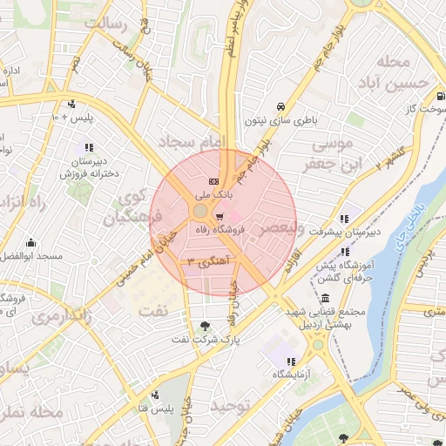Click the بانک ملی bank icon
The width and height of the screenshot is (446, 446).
pyautogui.click(x=213, y=180)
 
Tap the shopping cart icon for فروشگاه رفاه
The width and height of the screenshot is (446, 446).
pyautogui.click(x=220, y=216)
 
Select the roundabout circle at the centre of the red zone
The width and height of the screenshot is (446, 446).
pyautogui.click(x=200, y=212)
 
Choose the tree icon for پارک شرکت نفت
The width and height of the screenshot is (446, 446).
pyautogui.click(x=206, y=326)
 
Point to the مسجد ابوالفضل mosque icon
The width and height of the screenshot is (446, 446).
pyautogui.click(x=31, y=242)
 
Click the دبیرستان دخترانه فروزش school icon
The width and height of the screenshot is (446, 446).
pyautogui.click(x=88, y=147)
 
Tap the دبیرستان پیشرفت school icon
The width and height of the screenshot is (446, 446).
pyautogui.click(x=344, y=218)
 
